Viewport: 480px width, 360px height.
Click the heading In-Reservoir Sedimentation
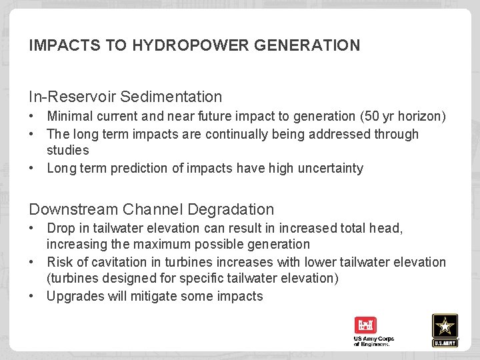[125, 97]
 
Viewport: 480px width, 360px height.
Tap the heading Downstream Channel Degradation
[151, 209]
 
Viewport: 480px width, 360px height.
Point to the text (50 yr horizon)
[403, 117]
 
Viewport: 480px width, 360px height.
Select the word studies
[67, 151]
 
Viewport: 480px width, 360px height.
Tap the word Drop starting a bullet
[61, 228]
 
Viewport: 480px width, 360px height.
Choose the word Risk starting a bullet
[60, 262]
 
